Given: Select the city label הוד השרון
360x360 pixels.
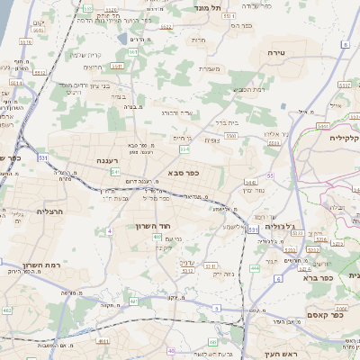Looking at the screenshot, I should [x=153, y=226].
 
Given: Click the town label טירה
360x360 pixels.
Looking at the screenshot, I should [x=275, y=54].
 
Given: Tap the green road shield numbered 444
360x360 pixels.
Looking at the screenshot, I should [x=255, y=267].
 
